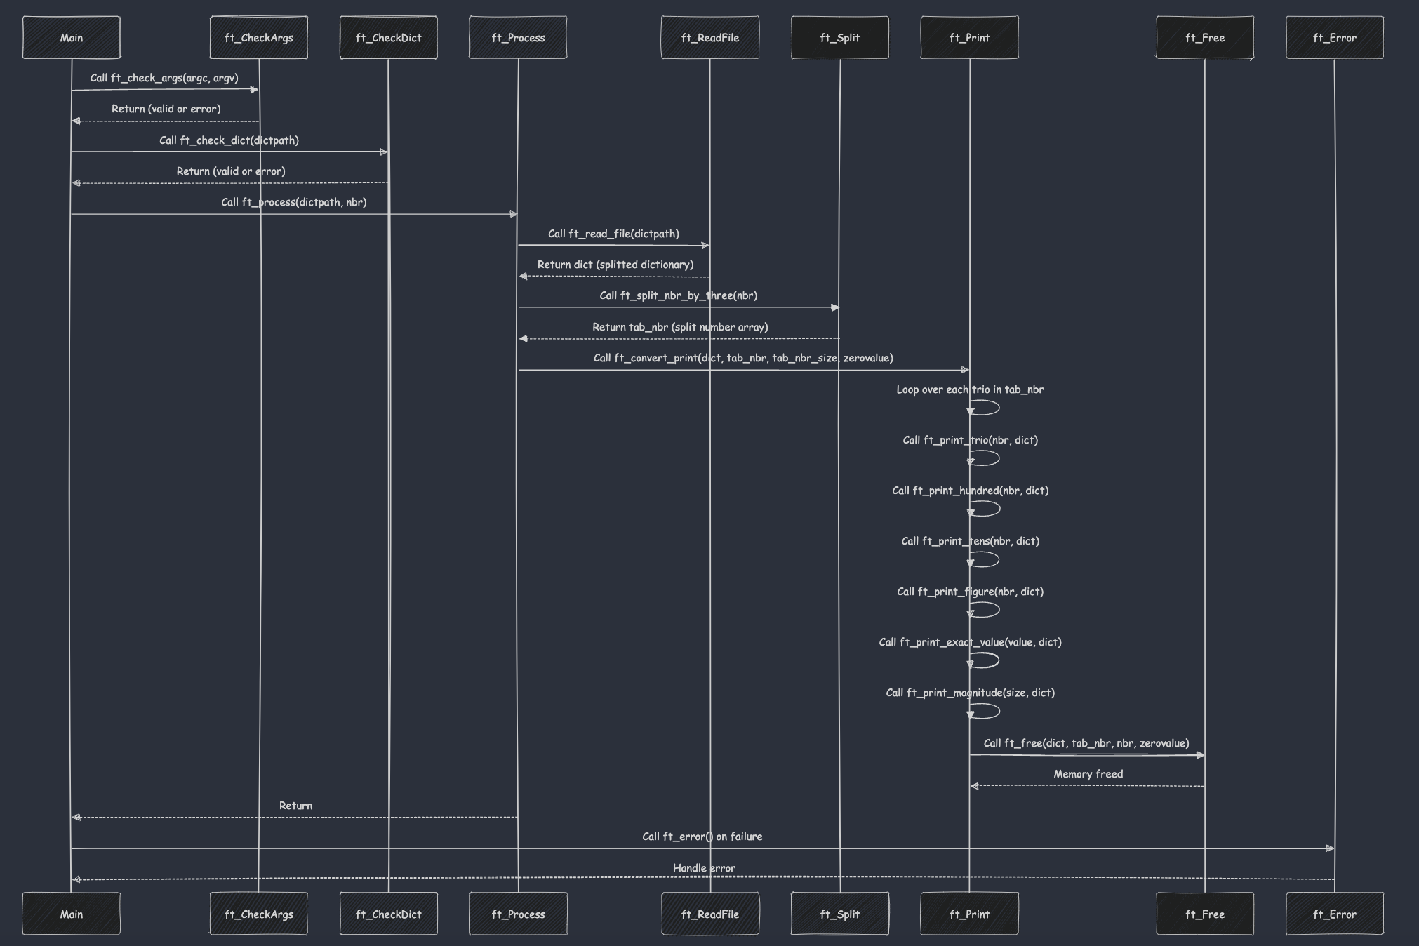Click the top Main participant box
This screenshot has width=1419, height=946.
tap(71, 38)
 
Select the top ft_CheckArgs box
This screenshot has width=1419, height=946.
tap(258, 38)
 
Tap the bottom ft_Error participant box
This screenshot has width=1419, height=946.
tap(1334, 914)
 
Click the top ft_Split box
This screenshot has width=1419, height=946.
tap(839, 38)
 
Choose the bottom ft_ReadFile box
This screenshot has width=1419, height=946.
tap(709, 914)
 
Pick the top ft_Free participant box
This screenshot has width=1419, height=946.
tap(1204, 38)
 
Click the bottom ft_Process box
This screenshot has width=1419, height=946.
tap(518, 914)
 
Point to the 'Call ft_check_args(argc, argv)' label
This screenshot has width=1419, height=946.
tap(164, 78)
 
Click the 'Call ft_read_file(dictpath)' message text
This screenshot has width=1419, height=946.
tap(613, 234)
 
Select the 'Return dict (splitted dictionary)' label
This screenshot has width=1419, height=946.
tap(615, 265)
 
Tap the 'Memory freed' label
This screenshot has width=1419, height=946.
tap(1088, 774)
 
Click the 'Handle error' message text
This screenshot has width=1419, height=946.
tap(704, 868)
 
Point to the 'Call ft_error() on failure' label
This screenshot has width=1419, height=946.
tap(702, 837)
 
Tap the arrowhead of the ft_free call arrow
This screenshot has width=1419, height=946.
tap(1200, 755)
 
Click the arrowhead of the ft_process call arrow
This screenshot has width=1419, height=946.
tap(514, 214)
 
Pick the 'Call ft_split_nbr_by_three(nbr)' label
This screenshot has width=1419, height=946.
tap(678, 295)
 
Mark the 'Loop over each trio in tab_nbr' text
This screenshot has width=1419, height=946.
tap(969, 389)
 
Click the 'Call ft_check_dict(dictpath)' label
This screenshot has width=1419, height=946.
tap(229, 140)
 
